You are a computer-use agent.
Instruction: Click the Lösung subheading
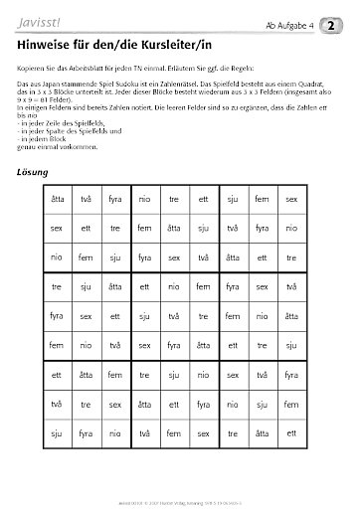click(x=34, y=172)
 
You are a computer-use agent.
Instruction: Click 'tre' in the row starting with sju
click(x=174, y=434)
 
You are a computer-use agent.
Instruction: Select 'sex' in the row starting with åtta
click(x=291, y=200)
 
